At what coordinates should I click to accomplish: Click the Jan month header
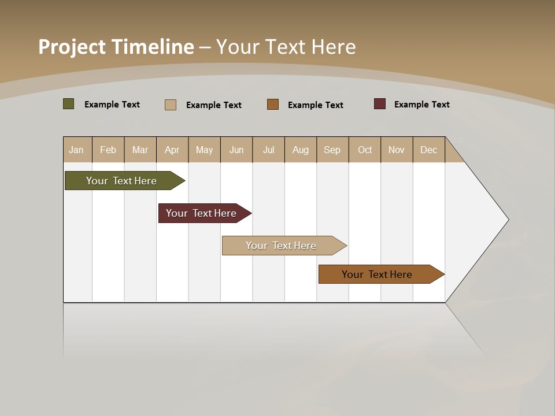(x=77, y=150)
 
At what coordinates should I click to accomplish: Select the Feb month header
(x=108, y=150)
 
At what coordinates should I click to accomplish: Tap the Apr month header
(x=172, y=150)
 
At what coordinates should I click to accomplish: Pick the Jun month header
(x=236, y=150)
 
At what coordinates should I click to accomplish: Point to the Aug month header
(x=301, y=150)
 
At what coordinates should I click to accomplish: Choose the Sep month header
(x=332, y=150)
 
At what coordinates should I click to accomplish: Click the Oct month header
(x=365, y=150)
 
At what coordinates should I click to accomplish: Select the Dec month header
(x=429, y=150)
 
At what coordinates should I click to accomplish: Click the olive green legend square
(x=69, y=104)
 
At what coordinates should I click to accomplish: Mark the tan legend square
(x=171, y=105)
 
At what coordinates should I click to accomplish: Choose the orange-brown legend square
(x=273, y=105)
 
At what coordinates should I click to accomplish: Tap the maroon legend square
(x=380, y=104)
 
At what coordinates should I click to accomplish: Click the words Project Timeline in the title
(x=116, y=47)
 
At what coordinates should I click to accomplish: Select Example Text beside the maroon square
(x=422, y=105)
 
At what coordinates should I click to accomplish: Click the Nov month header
(x=397, y=150)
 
